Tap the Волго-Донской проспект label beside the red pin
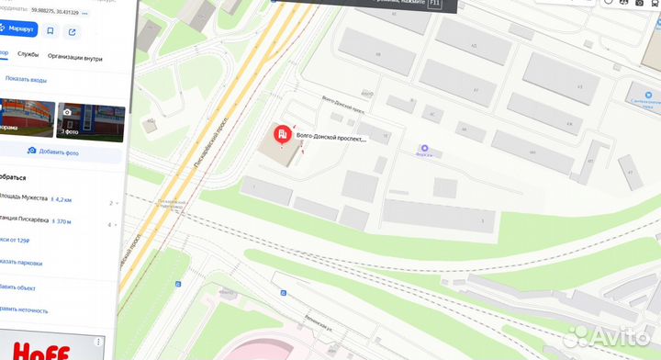(x=330, y=139)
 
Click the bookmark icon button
(x=50, y=31)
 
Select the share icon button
(x=73, y=31)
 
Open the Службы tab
(x=28, y=55)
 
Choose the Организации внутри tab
(x=75, y=55)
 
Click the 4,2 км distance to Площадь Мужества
(x=63, y=198)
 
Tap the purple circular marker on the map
(x=424, y=148)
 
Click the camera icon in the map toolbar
(x=610, y=4)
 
